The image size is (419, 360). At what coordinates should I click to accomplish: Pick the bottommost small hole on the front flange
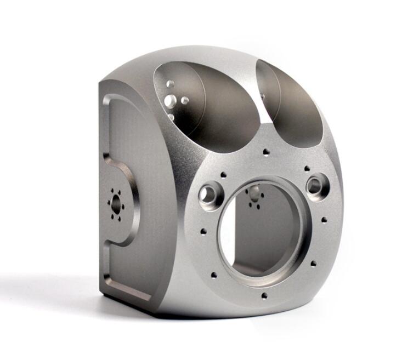(x=264, y=296)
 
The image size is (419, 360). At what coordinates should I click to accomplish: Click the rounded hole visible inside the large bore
(x=254, y=193)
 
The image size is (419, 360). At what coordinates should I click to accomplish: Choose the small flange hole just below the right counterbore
(x=324, y=220)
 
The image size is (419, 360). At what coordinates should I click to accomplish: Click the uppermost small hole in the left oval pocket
(x=171, y=84)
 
